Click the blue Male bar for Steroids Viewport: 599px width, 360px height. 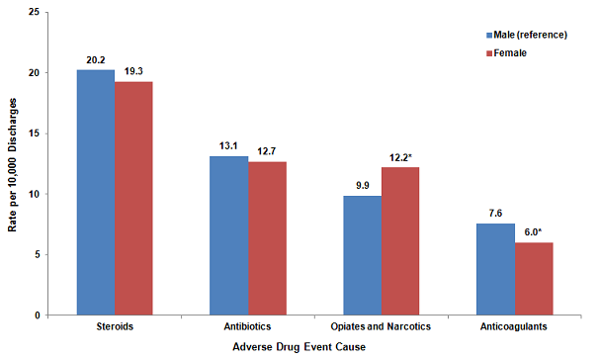pyautogui.click(x=95, y=193)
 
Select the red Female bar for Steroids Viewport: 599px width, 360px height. pyautogui.click(x=133, y=198)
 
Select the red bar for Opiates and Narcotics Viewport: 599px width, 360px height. pyautogui.click(x=400, y=241)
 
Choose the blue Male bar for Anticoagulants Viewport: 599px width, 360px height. pyautogui.click(x=495, y=269)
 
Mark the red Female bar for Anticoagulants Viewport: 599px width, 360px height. pyautogui.click(x=534, y=279)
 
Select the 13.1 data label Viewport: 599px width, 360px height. pyautogui.click(x=228, y=145)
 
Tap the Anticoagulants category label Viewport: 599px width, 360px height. pyautogui.click(x=514, y=326)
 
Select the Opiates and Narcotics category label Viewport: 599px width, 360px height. pyautogui.click(x=381, y=326)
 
